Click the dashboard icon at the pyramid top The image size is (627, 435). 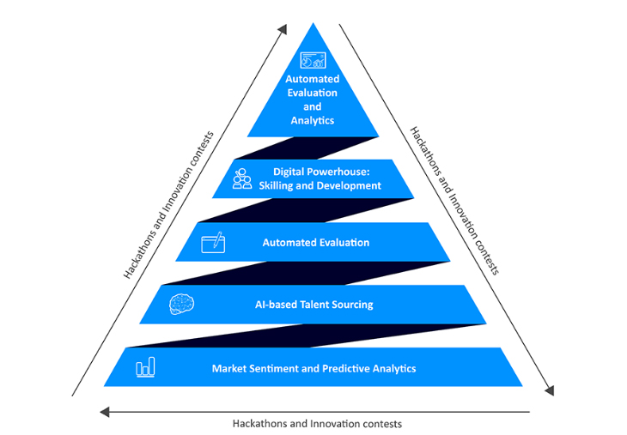click(x=313, y=60)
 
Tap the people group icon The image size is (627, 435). click(x=243, y=178)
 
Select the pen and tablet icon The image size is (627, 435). click(x=213, y=242)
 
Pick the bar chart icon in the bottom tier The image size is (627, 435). click(x=145, y=368)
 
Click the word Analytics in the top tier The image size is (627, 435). click(x=312, y=121)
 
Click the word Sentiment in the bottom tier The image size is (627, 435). click(x=277, y=368)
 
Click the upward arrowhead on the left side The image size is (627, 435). click(x=283, y=29)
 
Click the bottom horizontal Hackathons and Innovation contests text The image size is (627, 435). click(x=317, y=423)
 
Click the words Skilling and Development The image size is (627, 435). click(x=320, y=185)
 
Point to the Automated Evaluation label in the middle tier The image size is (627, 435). click(x=315, y=243)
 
